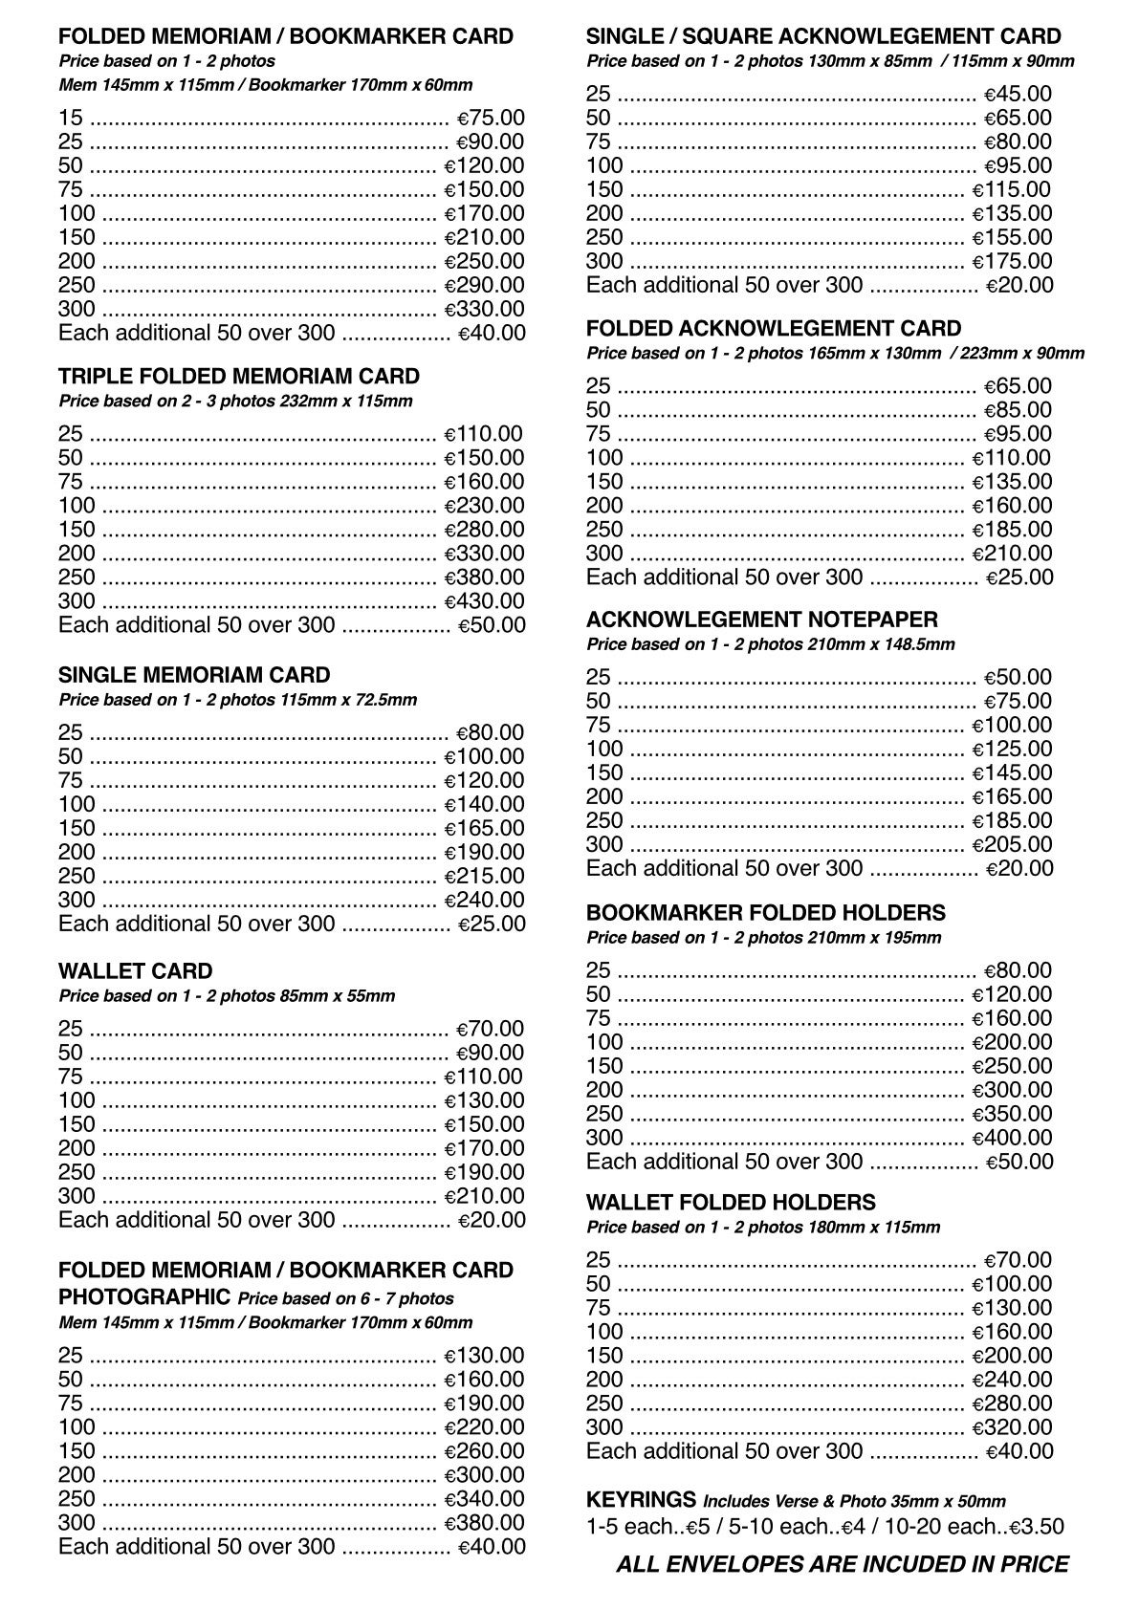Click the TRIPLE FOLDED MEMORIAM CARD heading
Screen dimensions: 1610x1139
(x=239, y=376)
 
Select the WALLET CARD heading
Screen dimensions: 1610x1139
(x=135, y=971)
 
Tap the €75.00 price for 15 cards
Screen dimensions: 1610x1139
(x=491, y=118)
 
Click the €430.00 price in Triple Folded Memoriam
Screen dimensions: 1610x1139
(x=484, y=601)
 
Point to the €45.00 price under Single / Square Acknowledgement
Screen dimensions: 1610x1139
(x=1018, y=94)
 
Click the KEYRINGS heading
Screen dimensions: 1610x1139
(x=641, y=1499)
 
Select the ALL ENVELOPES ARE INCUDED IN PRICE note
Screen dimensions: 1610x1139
(x=842, y=1565)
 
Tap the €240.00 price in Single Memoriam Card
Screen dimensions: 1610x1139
(x=484, y=900)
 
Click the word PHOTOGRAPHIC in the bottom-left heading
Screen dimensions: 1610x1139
(x=143, y=1297)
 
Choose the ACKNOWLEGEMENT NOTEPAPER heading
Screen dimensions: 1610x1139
(x=761, y=620)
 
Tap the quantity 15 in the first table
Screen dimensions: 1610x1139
(x=70, y=118)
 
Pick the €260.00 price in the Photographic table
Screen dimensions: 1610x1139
(x=484, y=1451)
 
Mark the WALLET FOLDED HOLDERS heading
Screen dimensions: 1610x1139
(x=731, y=1203)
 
